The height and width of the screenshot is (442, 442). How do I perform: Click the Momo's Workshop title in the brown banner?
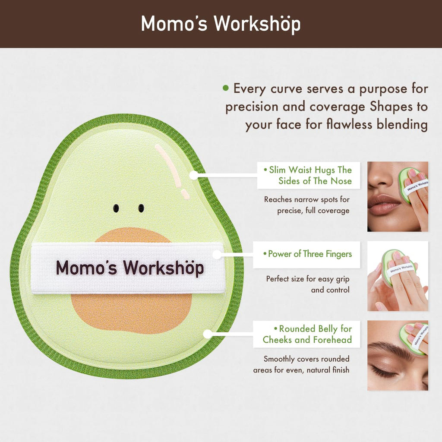coord(221,24)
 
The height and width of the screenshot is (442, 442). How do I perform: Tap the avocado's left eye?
coord(115,208)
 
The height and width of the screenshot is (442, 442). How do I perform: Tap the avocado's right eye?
coord(141,208)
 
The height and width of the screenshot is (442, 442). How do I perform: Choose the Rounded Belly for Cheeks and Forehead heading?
coord(307,334)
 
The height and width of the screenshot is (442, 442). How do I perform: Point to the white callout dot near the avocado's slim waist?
coord(193,175)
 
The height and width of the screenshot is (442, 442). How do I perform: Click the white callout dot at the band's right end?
coord(217,255)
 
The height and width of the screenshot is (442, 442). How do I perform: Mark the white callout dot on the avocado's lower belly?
coord(208,334)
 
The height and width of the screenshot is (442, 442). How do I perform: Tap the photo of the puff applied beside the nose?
coord(398,196)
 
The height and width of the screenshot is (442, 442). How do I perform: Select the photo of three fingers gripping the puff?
coord(398,276)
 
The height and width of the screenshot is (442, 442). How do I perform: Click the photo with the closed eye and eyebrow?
coord(398,355)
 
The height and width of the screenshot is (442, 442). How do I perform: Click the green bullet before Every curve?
coord(225,88)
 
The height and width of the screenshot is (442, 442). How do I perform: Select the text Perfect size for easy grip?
coord(308,279)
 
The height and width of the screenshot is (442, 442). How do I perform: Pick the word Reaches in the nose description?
coord(279,199)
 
